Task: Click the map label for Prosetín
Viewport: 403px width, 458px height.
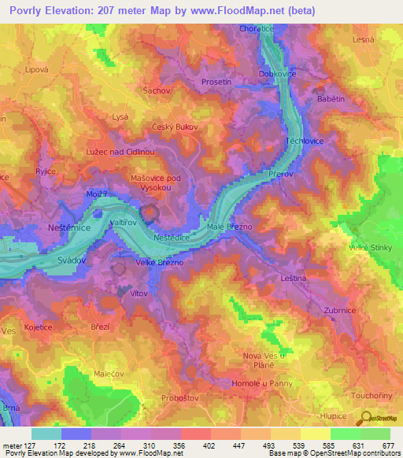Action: (x=238, y=82)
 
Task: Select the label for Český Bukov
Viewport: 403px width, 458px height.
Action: (x=175, y=126)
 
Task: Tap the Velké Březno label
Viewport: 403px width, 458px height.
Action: (x=161, y=263)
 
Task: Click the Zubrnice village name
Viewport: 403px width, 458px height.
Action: (x=341, y=310)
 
